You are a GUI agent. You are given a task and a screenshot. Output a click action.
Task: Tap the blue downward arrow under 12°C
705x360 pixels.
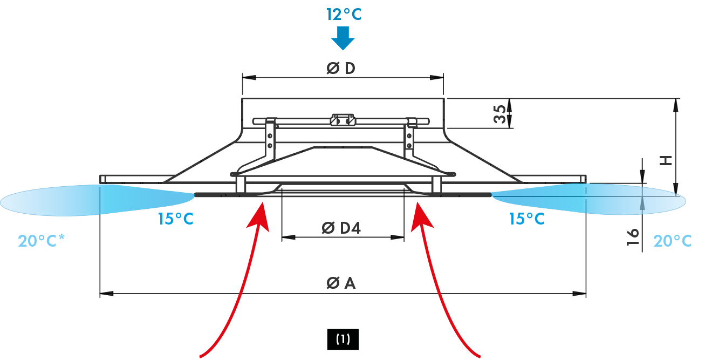343,38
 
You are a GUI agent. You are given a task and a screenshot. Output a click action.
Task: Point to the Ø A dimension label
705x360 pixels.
341,283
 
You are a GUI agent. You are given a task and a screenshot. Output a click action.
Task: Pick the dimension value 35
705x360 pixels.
500,114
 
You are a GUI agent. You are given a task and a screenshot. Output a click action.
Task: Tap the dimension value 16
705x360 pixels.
633,236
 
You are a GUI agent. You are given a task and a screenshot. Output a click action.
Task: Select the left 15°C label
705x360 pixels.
175,220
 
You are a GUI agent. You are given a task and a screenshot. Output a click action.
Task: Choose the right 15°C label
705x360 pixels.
526,219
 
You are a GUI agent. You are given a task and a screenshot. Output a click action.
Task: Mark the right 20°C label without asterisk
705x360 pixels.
672,241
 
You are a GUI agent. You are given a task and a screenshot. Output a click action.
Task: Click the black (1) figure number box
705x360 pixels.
343,339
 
